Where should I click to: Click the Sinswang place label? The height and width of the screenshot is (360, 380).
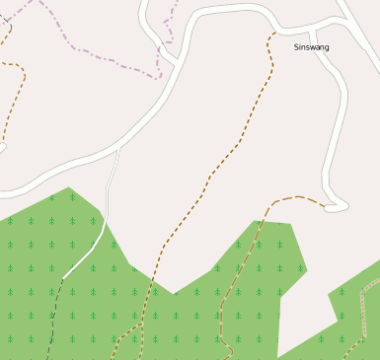[x=311, y=47]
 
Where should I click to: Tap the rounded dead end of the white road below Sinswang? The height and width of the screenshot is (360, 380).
[x=337, y=207]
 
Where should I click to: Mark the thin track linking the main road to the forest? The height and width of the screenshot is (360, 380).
[x=109, y=192]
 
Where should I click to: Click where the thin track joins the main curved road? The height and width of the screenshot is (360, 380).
[x=118, y=150]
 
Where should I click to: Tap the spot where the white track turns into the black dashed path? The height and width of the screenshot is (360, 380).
[x=64, y=277]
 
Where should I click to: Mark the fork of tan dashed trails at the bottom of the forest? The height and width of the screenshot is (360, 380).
[x=141, y=323]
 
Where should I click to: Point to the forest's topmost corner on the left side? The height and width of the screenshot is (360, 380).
[x=69, y=187]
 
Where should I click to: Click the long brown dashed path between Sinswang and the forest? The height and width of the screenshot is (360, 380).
[x=237, y=148]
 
